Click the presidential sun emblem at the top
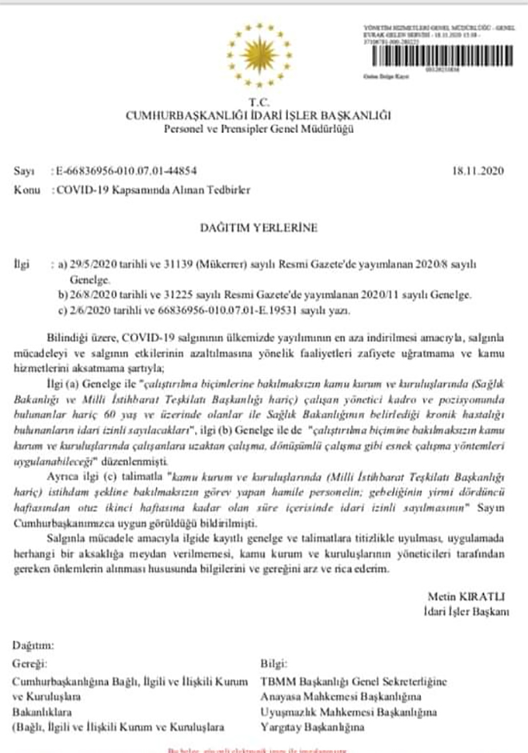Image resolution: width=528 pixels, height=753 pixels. (x=258, y=58)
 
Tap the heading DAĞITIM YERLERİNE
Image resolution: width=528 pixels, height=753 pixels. (x=258, y=227)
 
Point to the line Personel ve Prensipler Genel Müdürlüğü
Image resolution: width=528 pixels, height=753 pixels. (x=258, y=130)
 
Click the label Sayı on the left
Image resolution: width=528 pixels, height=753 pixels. (x=23, y=172)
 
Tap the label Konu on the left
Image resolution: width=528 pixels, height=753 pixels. (x=26, y=190)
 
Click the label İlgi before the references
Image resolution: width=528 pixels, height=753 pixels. (x=23, y=262)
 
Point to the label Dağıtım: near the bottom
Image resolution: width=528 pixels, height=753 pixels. (x=35, y=645)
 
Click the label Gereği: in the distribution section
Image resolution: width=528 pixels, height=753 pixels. (x=32, y=664)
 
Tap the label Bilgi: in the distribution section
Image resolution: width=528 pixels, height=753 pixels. (x=274, y=664)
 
